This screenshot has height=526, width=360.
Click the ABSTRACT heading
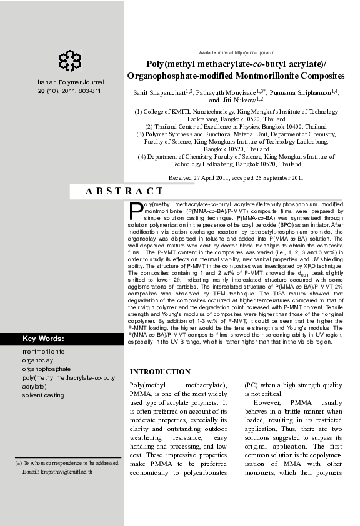[124, 192]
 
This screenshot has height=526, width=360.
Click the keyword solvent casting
[44, 395]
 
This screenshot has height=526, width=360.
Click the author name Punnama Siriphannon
[301, 93]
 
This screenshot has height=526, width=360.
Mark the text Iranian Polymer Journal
[71, 82]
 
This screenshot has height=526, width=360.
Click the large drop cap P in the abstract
[136, 211]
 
